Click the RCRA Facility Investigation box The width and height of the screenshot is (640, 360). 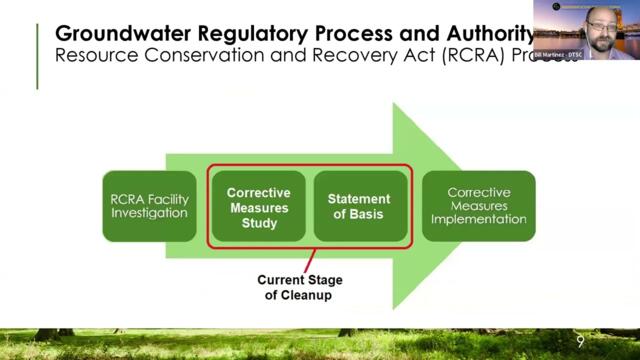coord(148,206)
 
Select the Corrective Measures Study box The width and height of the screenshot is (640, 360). coord(258,206)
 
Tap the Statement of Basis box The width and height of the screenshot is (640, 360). coord(360,206)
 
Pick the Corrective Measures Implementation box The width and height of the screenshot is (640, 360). coord(478,206)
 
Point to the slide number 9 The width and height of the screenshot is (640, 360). coord(581,342)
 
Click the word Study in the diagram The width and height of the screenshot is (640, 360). coord(258,223)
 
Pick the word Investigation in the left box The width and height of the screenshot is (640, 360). coord(148,214)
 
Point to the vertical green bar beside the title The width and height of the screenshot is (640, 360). coord(38,55)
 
